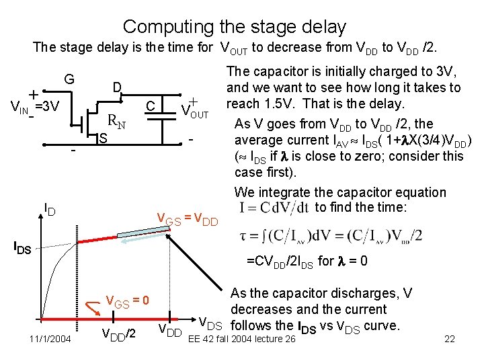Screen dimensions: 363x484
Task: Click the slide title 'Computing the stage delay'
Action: pos(235,27)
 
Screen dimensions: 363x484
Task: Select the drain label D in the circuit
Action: pos(116,88)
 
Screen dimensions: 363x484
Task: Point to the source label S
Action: pos(103,139)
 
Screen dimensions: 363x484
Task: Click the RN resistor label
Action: pos(118,122)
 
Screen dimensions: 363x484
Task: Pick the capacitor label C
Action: pos(151,106)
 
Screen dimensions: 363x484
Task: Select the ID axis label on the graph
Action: pos(50,210)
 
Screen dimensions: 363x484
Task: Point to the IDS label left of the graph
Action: pos(23,247)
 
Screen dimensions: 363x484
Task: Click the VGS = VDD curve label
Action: pos(187,218)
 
